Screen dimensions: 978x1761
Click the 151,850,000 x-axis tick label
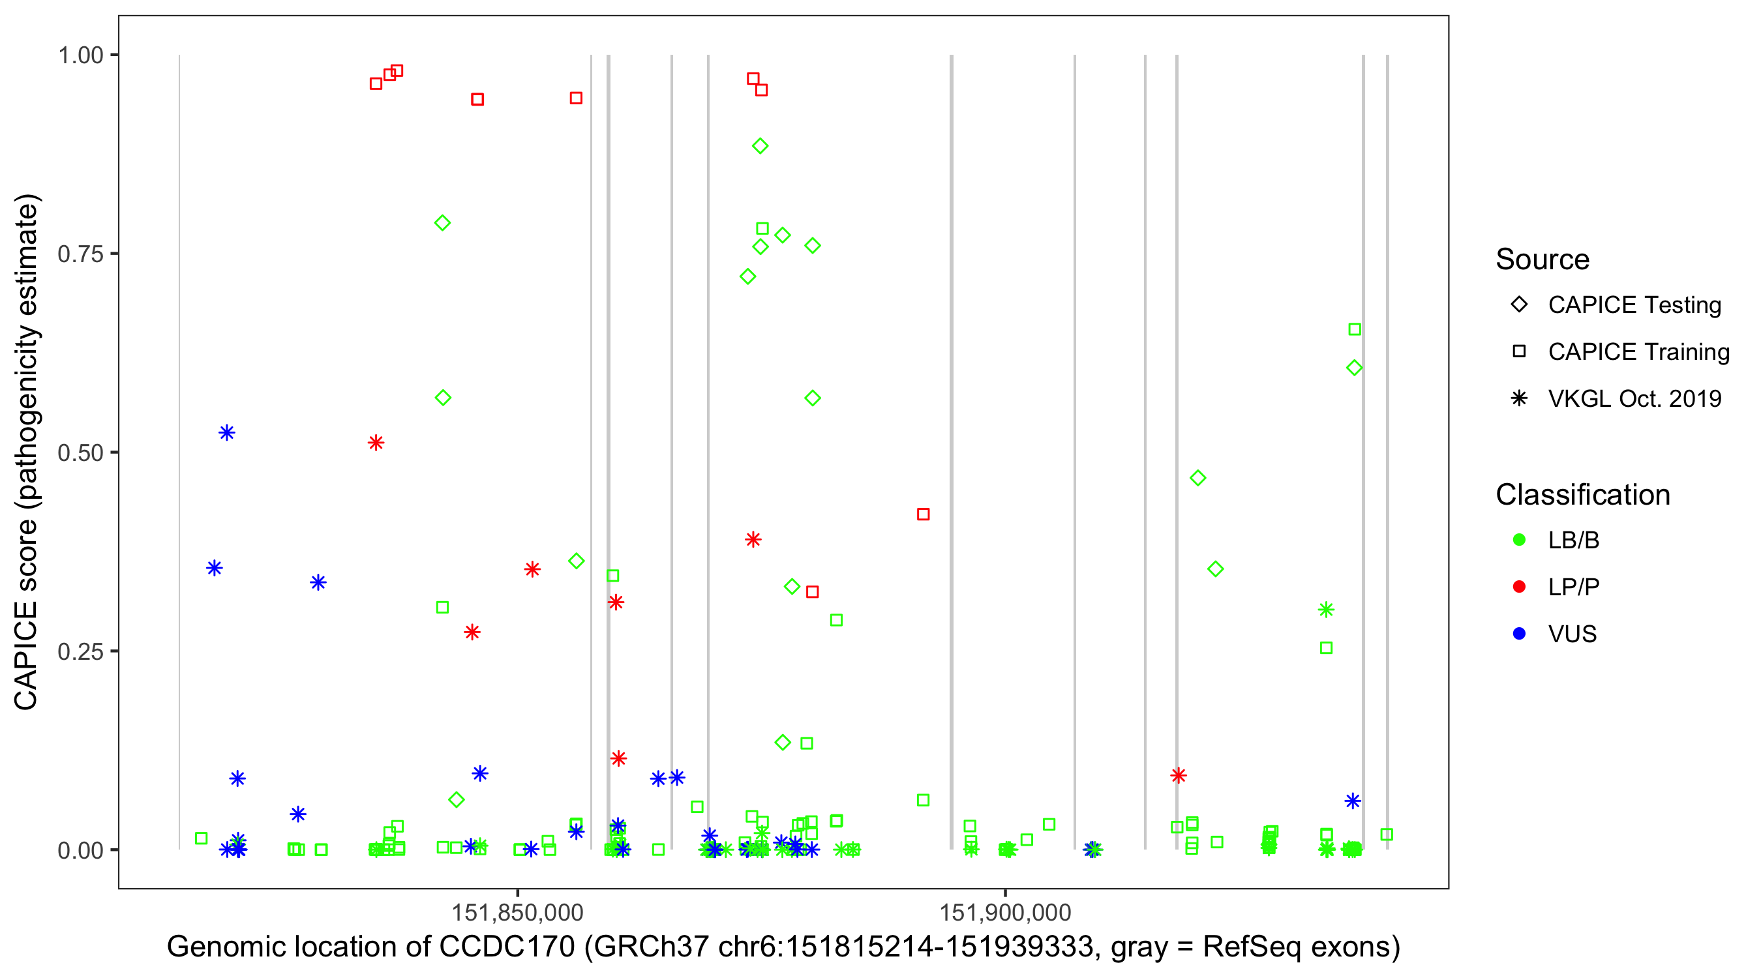[x=517, y=912]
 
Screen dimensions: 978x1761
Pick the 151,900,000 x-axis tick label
[x=1005, y=912]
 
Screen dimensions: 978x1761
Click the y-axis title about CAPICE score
[x=27, y=452]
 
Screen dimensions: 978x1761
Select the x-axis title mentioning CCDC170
[x=783, y=947]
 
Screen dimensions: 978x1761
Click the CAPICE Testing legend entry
[x=1634, y=305]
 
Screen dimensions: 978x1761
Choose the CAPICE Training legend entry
[x=1638, y=352]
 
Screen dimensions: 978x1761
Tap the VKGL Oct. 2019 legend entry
[x=1634, y=398]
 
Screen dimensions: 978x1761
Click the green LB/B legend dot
[x=1519, y=540]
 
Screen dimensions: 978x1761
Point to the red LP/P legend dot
[x=1519, y=587]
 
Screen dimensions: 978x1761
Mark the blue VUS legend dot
[x=1519, y=634]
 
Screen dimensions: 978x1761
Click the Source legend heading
[x=1543, y=259]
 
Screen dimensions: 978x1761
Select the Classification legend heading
[x=1582, y=495]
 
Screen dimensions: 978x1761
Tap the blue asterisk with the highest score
[x=227, y=433]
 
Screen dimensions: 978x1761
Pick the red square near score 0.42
[x=923, y=514]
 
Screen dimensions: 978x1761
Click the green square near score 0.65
[x=1354, y=329]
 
